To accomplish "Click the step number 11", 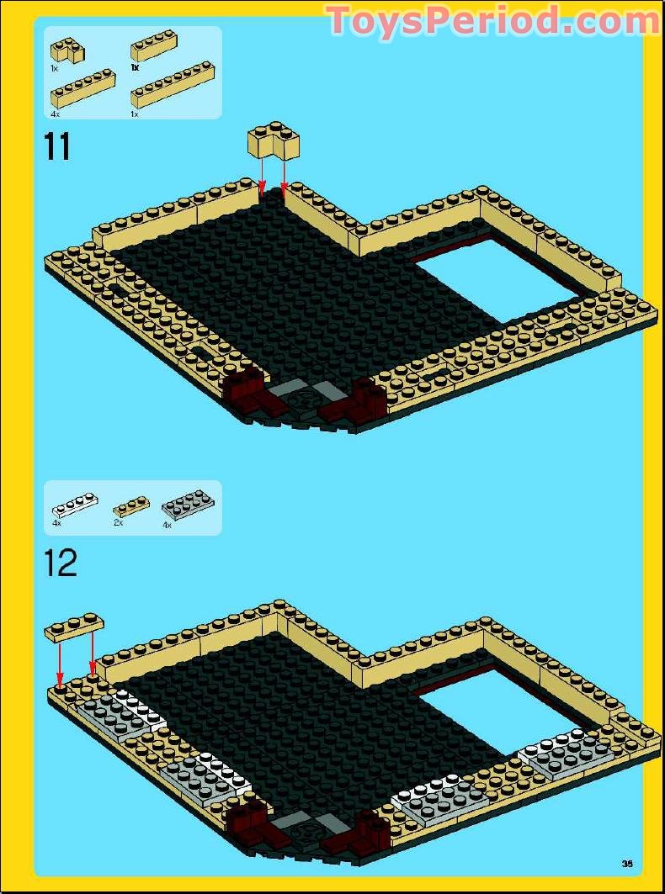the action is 56,147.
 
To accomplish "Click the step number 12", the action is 61,563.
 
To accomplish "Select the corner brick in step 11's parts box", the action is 66,50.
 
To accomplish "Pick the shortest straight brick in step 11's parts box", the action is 153,45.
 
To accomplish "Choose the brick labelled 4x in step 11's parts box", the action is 82,88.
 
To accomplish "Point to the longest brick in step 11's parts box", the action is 173,85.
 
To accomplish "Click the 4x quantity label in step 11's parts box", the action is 55,114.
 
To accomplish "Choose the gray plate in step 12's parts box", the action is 189,505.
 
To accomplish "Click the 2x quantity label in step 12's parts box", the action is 118,522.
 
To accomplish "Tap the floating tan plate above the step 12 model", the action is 74,627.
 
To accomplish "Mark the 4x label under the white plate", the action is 56,523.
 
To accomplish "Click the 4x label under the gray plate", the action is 167,525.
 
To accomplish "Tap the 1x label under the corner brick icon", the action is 54,68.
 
